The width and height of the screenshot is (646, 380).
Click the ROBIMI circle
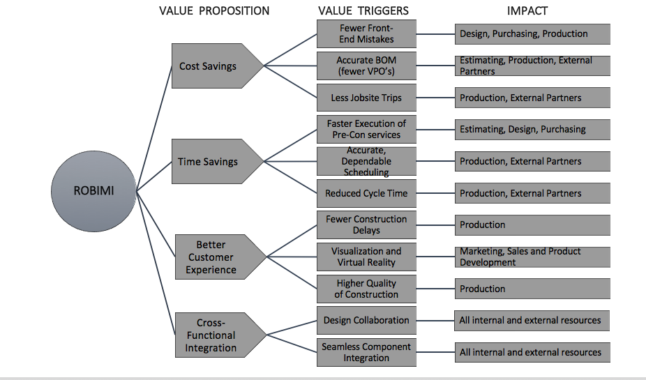(x=94, y=190)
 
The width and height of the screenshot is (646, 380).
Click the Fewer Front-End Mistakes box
(x=366, y=33)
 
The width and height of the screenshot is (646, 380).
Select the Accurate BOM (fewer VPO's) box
(x=366, y=66)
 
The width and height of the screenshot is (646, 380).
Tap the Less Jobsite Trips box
(x=366, y=98)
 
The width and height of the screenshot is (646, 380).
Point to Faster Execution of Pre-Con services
(x=366, y=129)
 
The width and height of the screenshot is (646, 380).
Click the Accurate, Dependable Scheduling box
(x=366, y=161)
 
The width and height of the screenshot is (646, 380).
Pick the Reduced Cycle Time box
(x=366, y=193)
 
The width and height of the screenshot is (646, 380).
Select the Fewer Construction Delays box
(x=366, y=225)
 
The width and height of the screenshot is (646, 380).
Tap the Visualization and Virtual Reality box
(x=366, y=257)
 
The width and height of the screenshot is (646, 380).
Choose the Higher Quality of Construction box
(x=366, y=289)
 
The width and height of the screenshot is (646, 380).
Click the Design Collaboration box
(x=366, y=320)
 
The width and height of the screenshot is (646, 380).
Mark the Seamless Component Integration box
(x=366, y=352)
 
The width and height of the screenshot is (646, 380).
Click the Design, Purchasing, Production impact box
(x=532, y=33)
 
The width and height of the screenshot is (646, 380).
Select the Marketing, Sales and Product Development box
(x=532, y=257)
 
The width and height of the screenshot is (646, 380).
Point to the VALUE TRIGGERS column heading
(x=363, y=10)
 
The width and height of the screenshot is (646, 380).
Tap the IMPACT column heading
(x=527, y=10)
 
